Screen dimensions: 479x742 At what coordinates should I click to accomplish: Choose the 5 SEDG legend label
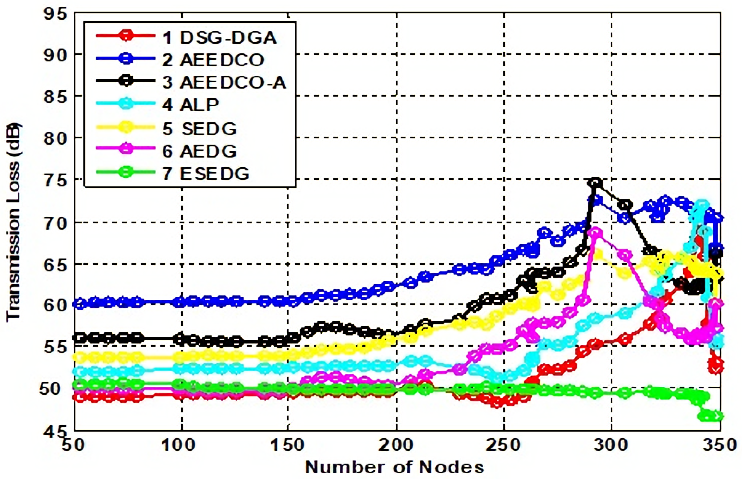[199, 128]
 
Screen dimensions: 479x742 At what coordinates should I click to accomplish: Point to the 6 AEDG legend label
[199, 151]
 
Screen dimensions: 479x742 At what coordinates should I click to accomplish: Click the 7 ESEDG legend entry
[205, 173]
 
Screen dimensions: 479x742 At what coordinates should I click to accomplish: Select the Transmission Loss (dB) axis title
[14, 221]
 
